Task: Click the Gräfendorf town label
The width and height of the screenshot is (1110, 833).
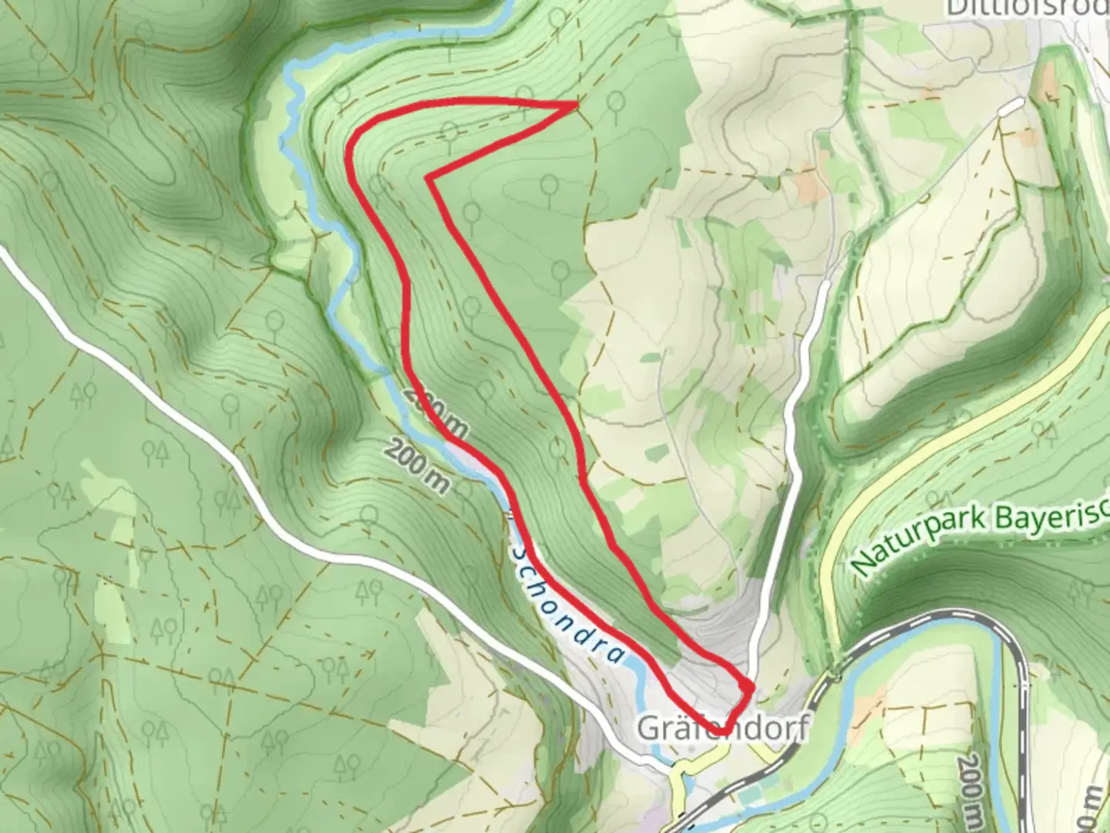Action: pyautogui.click(x=722, y=728)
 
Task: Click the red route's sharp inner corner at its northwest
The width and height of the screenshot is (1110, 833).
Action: pyautogui.click(x=428, y=178)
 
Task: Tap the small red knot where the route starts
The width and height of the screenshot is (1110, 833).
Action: pyautogui.click(x=747, y=686)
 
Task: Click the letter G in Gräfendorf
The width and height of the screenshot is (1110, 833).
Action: pyautogui.click(x=648, y=728)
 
